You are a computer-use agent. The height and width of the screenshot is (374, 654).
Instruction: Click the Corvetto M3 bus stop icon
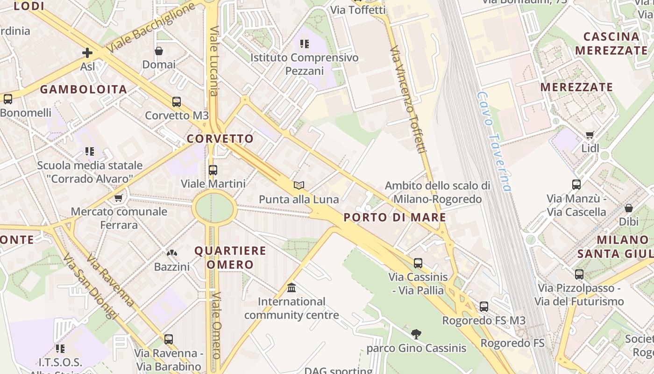(177, 102)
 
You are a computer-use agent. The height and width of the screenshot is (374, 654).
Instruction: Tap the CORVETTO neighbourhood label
(220, 139)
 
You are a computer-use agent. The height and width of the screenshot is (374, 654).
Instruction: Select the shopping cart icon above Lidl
(590, 135)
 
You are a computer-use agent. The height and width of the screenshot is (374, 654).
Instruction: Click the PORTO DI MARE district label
(395, 217)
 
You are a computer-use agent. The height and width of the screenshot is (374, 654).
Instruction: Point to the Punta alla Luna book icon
(299, 186)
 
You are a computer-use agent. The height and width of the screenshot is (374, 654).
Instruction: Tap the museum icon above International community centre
(291, 288)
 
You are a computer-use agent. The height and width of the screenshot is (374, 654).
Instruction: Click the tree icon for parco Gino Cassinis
(416, 334)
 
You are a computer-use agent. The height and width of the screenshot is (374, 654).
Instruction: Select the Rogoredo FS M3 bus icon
(484, 307)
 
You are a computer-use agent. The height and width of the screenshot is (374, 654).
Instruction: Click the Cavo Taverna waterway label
(494, 140)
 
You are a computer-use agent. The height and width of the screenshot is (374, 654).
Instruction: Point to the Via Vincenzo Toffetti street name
(409, 99)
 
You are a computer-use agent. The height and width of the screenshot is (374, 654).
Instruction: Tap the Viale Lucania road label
(214, 61)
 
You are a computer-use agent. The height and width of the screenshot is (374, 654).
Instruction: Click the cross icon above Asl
(87, 53)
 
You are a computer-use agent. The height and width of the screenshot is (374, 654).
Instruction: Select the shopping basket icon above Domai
(159, 51)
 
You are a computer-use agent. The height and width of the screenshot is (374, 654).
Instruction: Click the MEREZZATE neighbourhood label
(576, 87)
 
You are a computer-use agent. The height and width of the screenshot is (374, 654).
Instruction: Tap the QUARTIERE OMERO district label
(230, 258)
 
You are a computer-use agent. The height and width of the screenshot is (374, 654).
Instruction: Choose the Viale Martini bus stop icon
(213, 170)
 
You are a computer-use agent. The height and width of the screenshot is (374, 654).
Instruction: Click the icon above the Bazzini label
(172, 253)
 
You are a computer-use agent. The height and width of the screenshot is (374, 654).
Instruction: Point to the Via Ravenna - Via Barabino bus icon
(169, 339)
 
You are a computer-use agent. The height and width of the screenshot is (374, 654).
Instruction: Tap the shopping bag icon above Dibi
(629, 208)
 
